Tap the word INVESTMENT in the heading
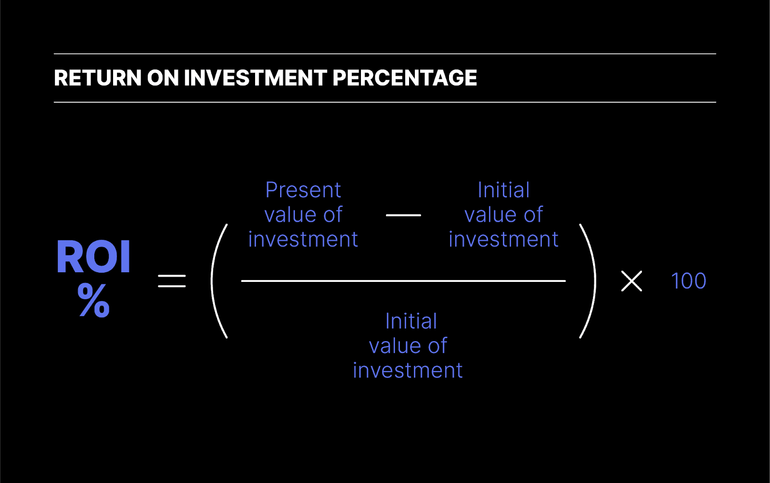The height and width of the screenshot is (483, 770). (x=256, y=78)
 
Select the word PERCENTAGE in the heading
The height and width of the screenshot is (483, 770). (x=404, y=78)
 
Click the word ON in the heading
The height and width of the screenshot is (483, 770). (x=163, y=78)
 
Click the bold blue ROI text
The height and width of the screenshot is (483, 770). (x=93, y=257)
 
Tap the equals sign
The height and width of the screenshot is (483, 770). (x=172, y=281)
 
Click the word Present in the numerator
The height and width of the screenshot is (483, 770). (x=303, y=191)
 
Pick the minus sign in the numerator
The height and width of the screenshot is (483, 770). (x=403, y=215)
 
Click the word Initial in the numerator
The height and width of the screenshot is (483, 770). (x=503, y=191)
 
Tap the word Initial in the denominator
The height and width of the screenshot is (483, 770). (x=411, y=321)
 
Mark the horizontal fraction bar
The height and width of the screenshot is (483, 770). (x=403, y=281)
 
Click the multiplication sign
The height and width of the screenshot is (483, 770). (x=631, y=281)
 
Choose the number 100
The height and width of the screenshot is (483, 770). (x=688, y=281)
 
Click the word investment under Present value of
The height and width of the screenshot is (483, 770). (x=303, y=240)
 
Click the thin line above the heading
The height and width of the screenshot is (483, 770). (x=385, y=54)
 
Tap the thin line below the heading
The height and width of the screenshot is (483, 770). (x=385, y=102)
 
